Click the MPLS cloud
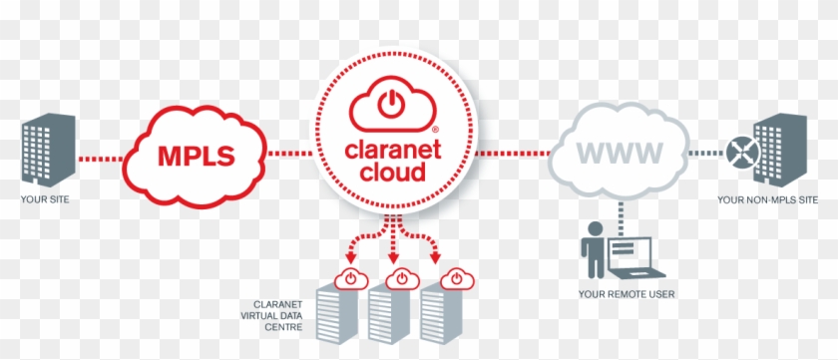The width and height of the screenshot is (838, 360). pos(196,156)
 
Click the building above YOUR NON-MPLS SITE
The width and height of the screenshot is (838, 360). pos(779,149)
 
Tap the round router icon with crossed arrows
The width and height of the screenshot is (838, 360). pos(740,154)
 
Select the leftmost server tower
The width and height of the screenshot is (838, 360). pos(336,317)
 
